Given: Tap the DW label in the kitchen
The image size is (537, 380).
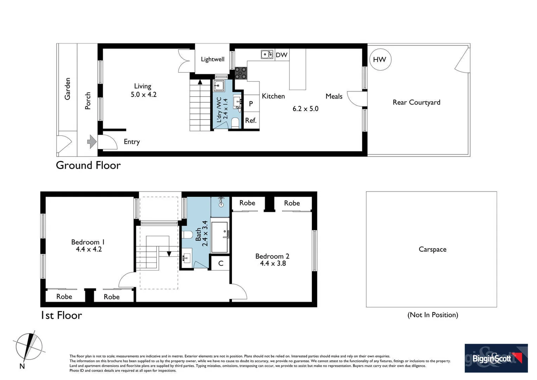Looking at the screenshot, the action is click(282, 55).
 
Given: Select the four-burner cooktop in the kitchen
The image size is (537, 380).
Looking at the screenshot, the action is click(241, 73).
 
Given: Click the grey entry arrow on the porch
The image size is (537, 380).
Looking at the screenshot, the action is click(92, 142).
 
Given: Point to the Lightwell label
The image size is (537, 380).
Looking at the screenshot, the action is click(213, 59).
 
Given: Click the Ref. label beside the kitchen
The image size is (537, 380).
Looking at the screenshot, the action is click(251, 120).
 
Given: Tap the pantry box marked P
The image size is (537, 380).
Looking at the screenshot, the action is click(251, 103).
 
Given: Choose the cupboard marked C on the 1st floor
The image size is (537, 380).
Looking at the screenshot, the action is click(221, 263).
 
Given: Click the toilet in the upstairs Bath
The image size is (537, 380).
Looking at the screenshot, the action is click(187, 235).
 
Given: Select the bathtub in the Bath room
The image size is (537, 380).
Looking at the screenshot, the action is click(220, 237).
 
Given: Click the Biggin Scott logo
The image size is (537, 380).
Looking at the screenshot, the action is click(496, 358).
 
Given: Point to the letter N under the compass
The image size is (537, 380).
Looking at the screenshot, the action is click(22, 366).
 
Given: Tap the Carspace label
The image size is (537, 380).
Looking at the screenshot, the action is click(433, 249).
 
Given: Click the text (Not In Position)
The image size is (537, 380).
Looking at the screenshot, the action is click(433, 315).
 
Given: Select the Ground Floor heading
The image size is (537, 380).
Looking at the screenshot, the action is click(88, 165).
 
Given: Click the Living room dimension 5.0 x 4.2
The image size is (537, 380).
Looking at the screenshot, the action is click(144, 94).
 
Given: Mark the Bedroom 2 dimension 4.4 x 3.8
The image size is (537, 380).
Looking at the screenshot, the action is click(273, 263).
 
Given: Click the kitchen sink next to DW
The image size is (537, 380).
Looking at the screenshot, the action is click(267, 55).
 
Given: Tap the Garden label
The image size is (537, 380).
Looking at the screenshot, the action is click(67, 89).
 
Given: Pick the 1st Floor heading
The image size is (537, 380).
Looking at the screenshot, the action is click(62, 315).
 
